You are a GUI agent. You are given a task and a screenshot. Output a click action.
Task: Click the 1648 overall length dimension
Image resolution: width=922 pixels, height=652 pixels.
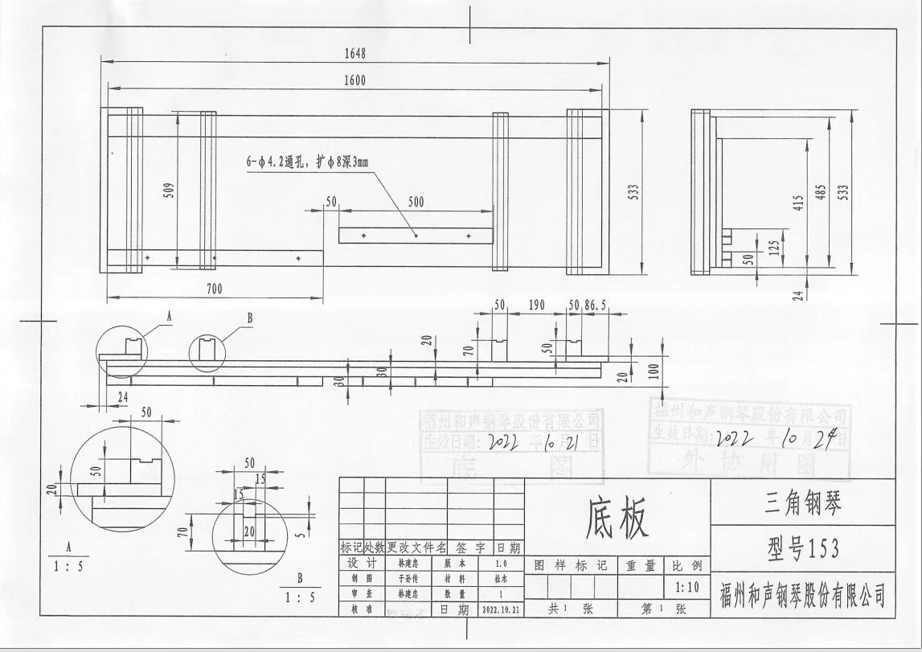coord(354,53)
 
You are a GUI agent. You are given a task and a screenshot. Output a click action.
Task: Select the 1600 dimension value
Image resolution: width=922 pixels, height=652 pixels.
coord(354,80)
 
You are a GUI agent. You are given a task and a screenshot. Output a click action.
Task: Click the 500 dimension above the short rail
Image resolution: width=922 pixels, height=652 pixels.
coord(416,203)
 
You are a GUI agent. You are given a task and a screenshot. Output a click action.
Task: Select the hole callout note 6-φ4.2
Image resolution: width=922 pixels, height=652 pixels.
coord(307,162)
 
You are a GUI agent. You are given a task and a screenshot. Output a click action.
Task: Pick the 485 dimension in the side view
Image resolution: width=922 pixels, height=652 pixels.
coord(821,194)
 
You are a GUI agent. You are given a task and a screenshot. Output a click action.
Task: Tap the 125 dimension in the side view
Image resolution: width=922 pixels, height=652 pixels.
coord(774,246)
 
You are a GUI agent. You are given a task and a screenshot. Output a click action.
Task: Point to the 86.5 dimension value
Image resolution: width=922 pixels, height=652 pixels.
coord(596,305)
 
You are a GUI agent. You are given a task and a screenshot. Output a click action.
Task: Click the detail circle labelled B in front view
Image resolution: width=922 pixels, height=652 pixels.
coord(207,351)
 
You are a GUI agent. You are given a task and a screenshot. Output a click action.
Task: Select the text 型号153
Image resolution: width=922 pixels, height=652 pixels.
coord(802,548)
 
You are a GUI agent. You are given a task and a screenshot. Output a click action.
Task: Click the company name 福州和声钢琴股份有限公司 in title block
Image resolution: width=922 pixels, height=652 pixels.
coord(802,597)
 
